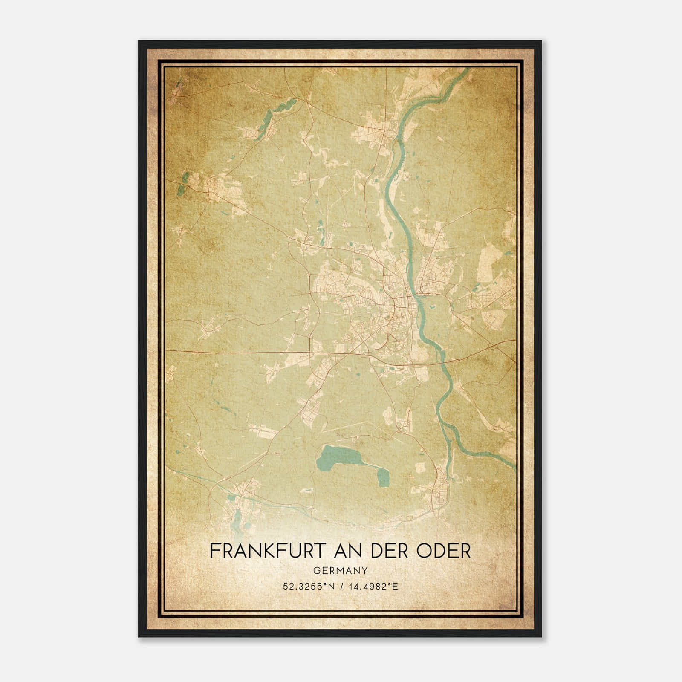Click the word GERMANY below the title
(x=341, y=570)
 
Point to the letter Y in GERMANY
(x=364, y=570)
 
